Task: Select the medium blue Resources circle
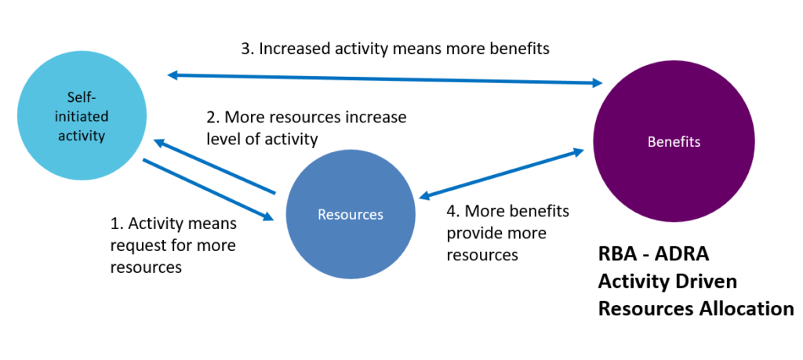(x=351, y=214)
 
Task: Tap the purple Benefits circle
(x=674, y=141)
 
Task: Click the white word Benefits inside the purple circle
(x=674, y=142)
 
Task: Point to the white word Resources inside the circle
(x=351, y=214)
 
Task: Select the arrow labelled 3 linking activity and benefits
(x=385, y=79)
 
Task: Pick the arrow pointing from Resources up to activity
(x=215, y=166)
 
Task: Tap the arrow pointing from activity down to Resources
(x=208, y=190)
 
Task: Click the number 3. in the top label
(x=247, y=49)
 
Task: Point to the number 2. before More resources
(x=213, y=118)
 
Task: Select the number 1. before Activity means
(x=118, y=224)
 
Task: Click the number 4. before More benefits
(x=453, y=211)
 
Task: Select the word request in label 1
(x=136, y=246)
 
